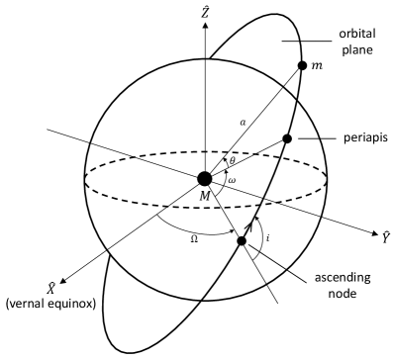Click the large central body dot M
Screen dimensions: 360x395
tap(205, 179)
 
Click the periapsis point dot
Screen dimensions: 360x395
tap(287, 138)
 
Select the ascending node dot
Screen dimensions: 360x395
tap(242, 241)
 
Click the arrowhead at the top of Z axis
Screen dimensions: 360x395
tap(205, 24)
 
